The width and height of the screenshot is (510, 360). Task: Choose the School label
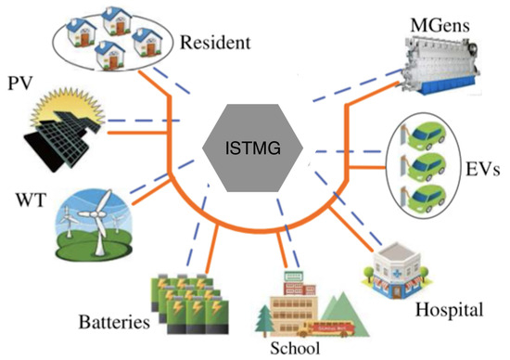click(x=295, y=349)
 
